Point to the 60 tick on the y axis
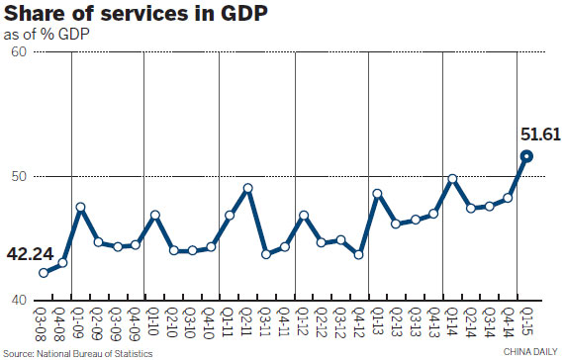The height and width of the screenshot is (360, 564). tap(18, 51)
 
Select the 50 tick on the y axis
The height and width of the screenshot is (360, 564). tap(18, 176)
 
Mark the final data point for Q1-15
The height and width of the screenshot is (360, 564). tap(527, 155)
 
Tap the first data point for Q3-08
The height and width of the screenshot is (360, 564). tap(44, 273)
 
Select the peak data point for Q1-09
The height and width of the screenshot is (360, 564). tap(81, 207)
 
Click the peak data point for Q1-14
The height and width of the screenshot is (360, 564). tap(452, 179)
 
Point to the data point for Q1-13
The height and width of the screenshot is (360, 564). tap(378, 194)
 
